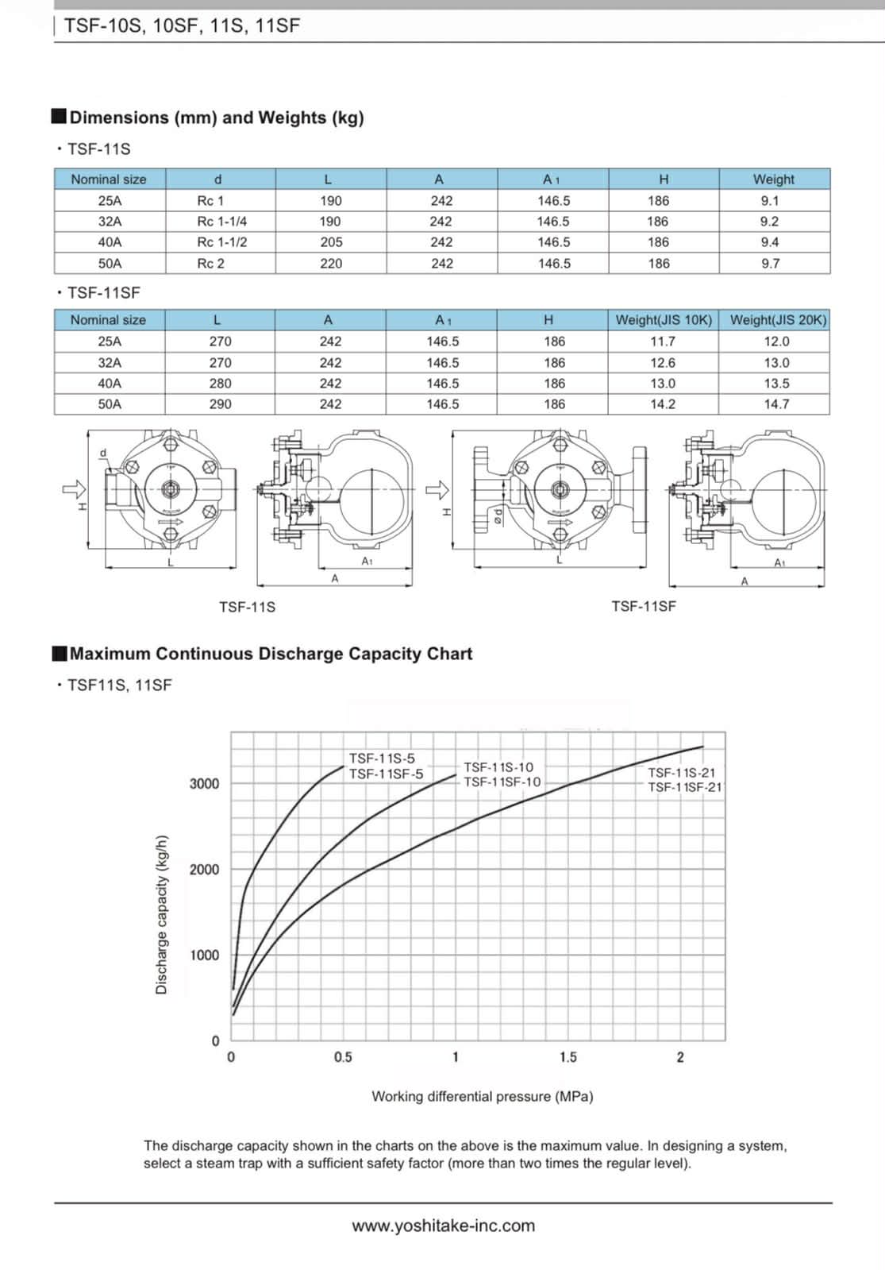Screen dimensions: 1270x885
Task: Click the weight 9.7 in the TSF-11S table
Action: pyautogui.click(x=770, y=264)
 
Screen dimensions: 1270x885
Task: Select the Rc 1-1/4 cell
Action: pyautogui.click(x=221, y=222)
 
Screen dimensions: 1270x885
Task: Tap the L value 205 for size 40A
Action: pyautogui.click(x=331, y=242)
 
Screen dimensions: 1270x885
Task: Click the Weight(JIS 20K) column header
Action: pyautogui.click(x=778, y=320)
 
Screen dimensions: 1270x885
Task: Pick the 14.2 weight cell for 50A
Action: pyautogui.click(x=663, y=404)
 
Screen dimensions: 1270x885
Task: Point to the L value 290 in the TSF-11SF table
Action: pyautogui.click(x=220, y=404)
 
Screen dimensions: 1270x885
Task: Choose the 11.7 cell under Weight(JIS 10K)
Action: pyautogui.click(x=663, y=342)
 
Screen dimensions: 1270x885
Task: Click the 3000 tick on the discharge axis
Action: pyautogui.click(x=204, y=784)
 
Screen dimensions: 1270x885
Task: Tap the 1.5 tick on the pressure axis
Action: pyautogui.click(x=568, y=1057)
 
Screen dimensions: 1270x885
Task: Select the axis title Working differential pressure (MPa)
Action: pyautogui.click(x=483, y=1097)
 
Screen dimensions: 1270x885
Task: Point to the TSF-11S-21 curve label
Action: pyautogui.click(x=682, y=773)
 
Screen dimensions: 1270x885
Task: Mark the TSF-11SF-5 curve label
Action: pyautogui.click(x=387, y=774)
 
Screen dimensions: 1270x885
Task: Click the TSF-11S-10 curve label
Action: pyautogui.click(x=498, y=767)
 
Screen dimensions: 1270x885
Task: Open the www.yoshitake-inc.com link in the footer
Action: pyautogui.click(x=443, y=1226)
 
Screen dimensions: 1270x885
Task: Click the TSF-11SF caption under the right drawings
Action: pyautogui.click(x=644, y=607)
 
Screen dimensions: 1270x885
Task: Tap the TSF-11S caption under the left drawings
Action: pyautogui.click(x=247, y=608)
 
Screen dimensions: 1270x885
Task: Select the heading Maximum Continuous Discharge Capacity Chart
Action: pyautogui.click(x=271, y=654)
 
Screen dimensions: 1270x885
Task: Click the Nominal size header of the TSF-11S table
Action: pyautogui.click(x=109, y=179)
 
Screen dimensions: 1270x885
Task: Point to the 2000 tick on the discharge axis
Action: pyautogui.click(x=204, y=870)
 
